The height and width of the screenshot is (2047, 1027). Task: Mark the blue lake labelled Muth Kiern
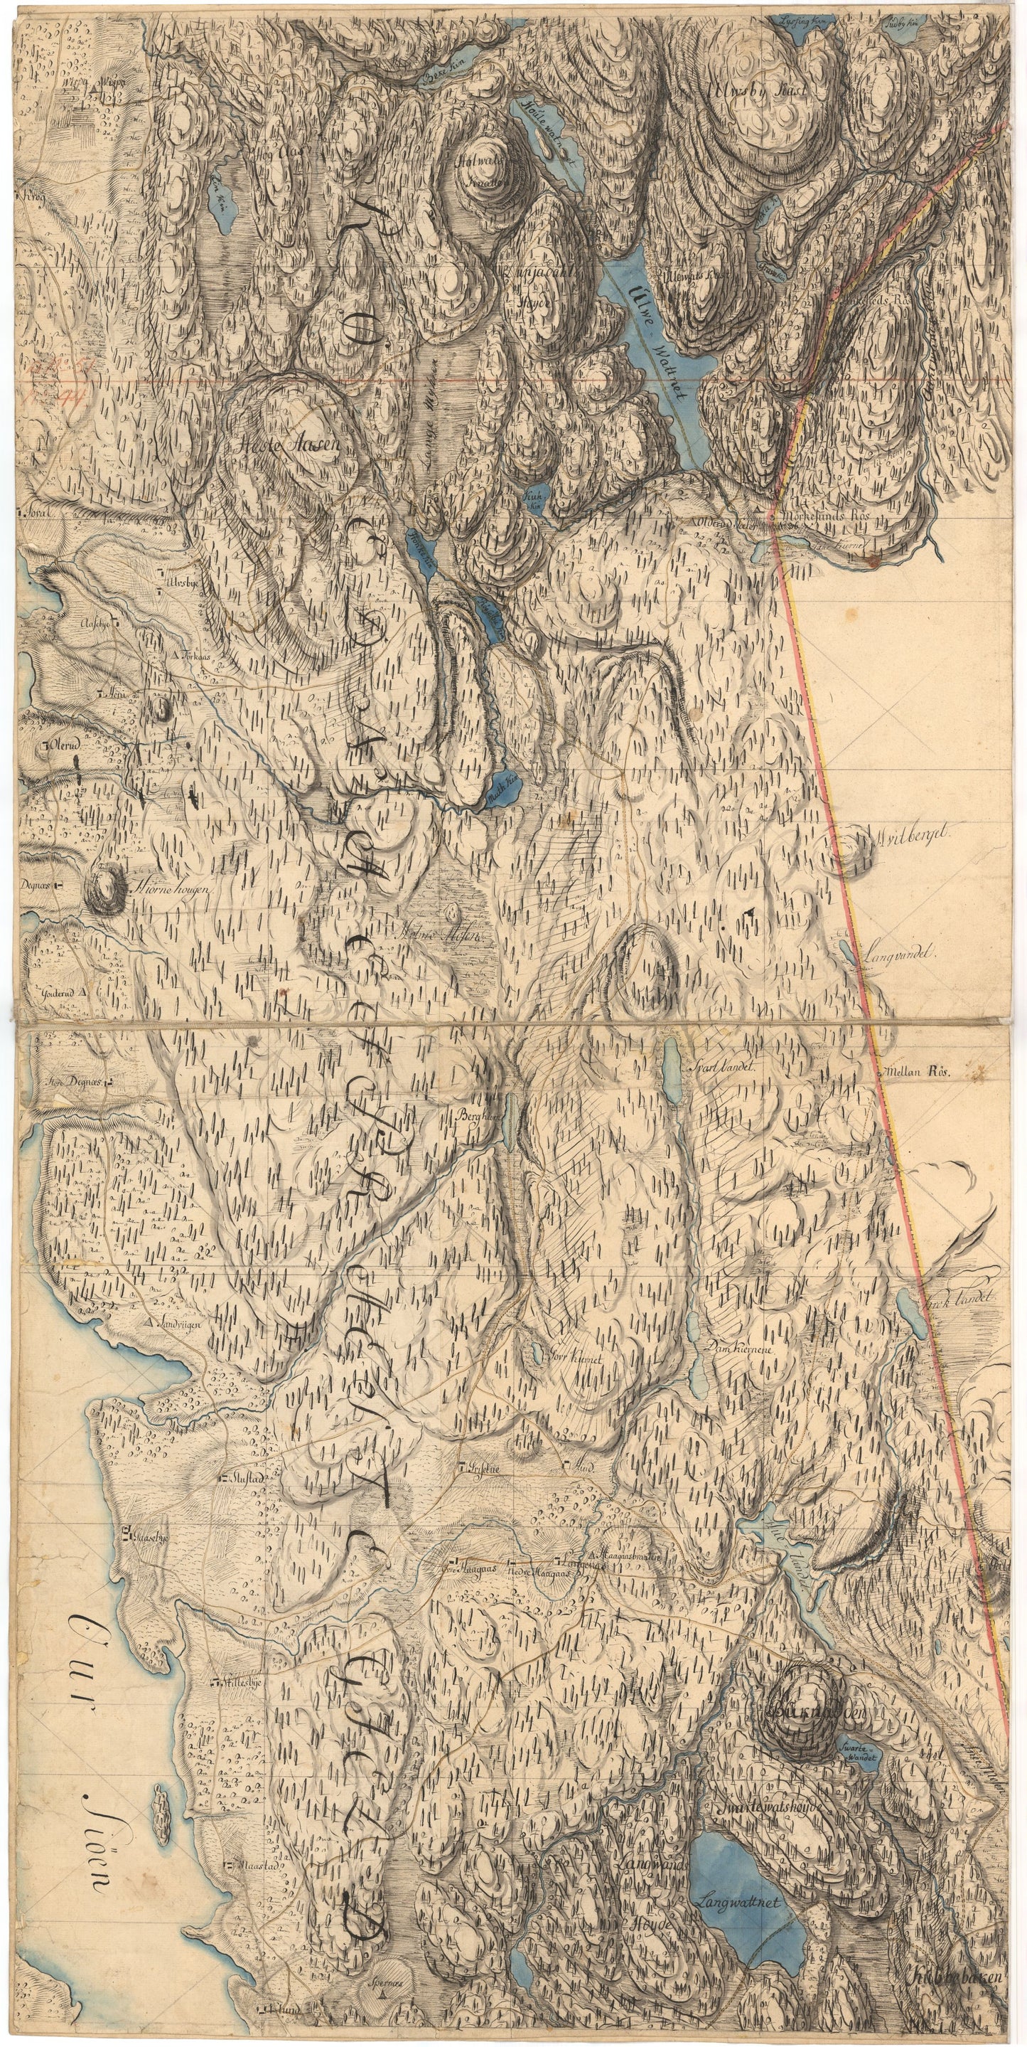(x=504, y=792)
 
